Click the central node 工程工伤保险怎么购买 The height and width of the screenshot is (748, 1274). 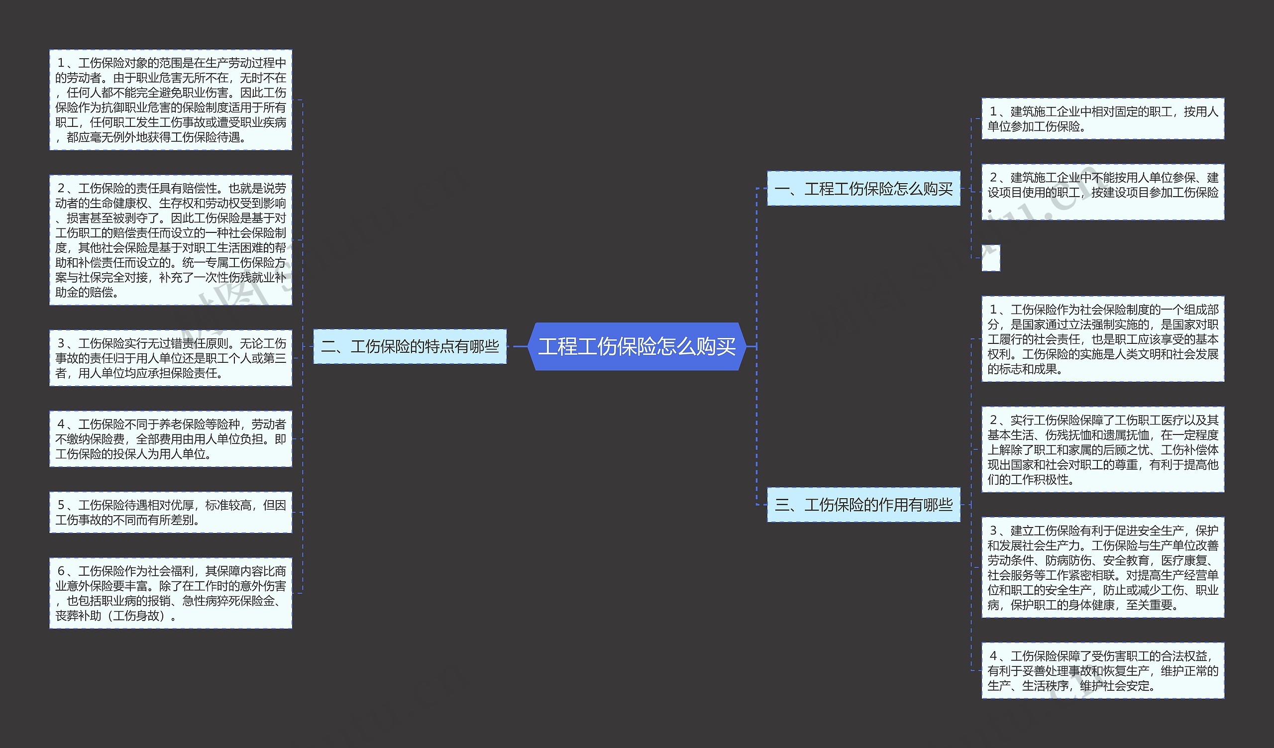coord(637,347)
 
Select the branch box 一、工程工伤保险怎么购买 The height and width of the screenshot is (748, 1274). coord(863,189)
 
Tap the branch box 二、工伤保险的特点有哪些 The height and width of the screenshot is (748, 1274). coord(410,346)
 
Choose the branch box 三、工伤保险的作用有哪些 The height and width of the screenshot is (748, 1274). coord(863,505)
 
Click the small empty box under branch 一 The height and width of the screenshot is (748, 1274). coord(991,258)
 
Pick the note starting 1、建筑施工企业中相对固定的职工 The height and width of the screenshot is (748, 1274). coord(1103,119)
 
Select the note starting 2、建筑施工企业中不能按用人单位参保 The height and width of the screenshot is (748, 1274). coord(1103,192)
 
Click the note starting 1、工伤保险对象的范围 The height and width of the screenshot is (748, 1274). coord(171,100)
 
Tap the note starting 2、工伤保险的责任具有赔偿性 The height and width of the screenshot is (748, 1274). coord(171,240)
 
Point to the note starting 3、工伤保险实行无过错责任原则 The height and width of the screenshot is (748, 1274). coord(171,358)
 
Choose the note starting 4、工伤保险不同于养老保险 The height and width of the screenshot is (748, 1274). coord(171,438)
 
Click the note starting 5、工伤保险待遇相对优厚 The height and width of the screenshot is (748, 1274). coord(171,512)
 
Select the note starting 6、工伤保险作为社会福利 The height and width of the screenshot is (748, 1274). coord(171,593)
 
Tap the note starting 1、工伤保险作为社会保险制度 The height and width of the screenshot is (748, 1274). coord(1103,338)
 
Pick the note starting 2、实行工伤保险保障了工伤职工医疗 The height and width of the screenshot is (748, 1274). coord(1103,449)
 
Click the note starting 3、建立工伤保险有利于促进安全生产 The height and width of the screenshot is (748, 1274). coord(1103,567)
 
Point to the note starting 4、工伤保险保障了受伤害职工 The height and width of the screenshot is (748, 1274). coord(1103,671)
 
